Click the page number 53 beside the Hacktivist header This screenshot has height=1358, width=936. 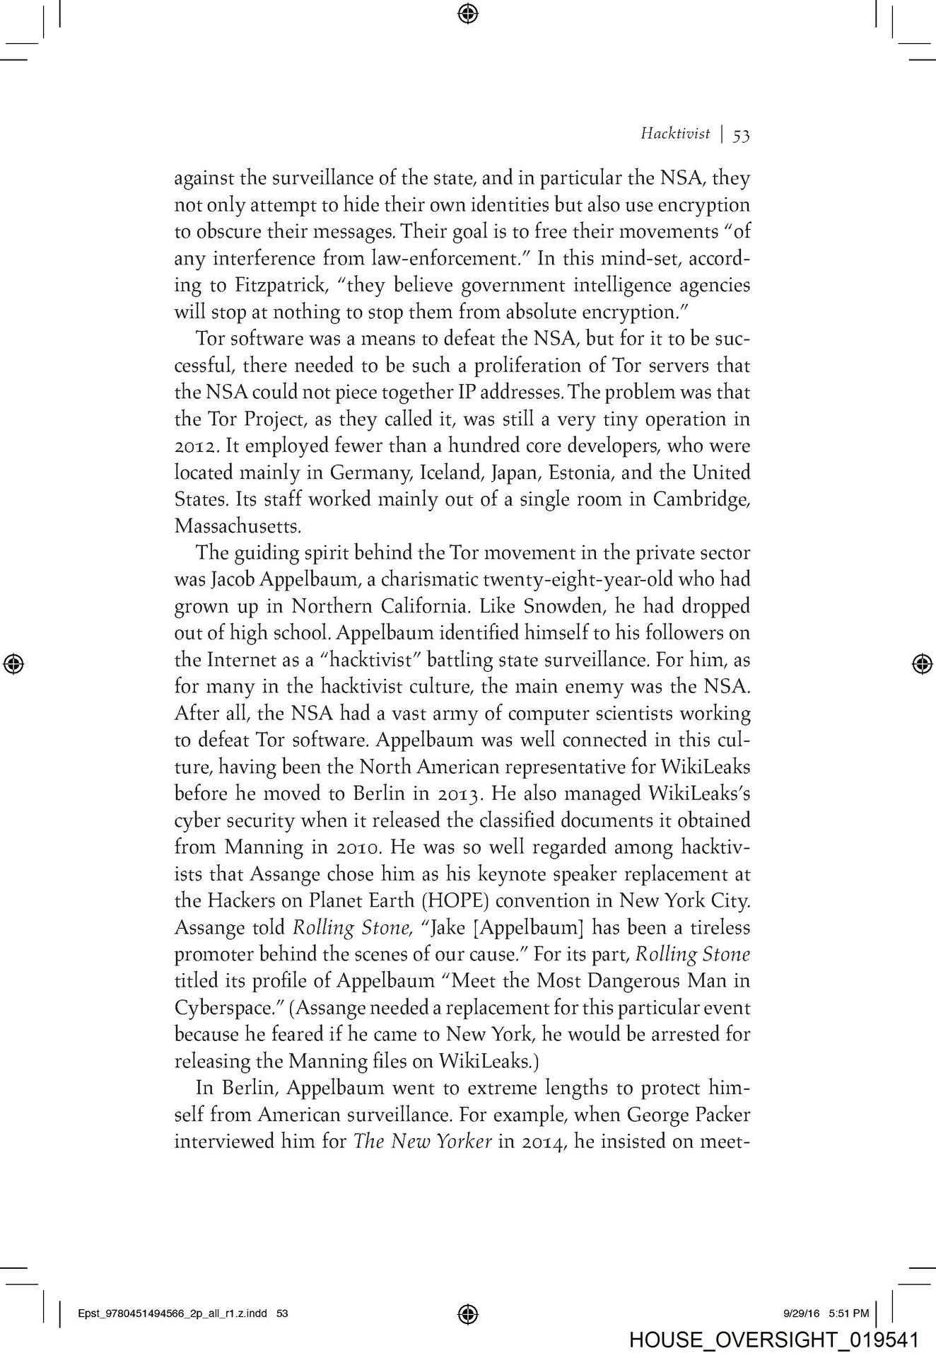pyautogui.click(x=741, y=134)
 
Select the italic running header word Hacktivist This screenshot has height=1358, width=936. pyautogui.click(x=675, y=134)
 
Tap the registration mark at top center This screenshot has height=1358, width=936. pyautogui.click(x=468, y=12)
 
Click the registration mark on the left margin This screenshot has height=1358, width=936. pyautogui.click(x=13, y=663)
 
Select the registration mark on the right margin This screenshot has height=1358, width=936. pyautogui.click(x=921, y=663)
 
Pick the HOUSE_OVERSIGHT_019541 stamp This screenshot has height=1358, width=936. pyautogui.click(x=773, y=1340)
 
